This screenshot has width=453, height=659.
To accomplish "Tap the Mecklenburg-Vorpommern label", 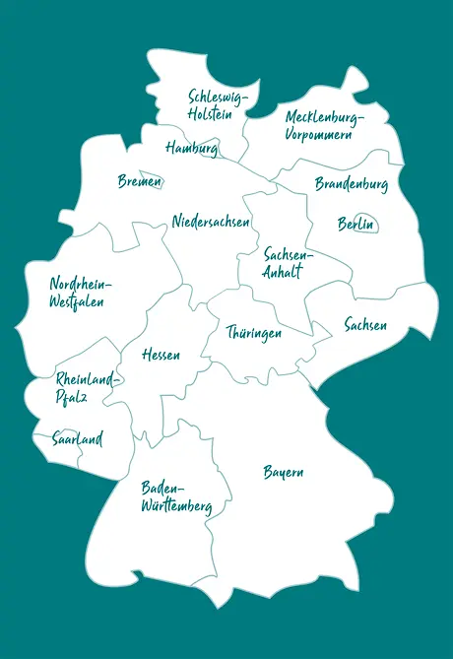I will click(x=324, y=126).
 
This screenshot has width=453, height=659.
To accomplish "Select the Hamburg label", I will click(x=191, y=149).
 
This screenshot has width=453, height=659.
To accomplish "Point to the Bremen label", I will click(x=139, y=181).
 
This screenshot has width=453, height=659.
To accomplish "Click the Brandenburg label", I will click(x=351, y=184).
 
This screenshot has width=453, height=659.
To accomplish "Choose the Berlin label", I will click(x=356, y=225).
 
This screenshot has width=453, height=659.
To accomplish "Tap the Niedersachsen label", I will click(x=211, y=221).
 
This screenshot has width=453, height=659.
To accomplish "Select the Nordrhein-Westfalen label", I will click(x=80, y=294).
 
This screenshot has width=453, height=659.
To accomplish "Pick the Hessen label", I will click(x=161, y=355).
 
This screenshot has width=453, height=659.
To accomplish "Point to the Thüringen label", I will click(x=253, y=333).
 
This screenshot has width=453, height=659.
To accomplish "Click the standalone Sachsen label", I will click(x=365, y=325).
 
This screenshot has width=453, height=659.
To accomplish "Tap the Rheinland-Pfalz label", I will click(x=87, y=388).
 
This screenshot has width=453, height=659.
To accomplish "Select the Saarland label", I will click(x=78, y=439).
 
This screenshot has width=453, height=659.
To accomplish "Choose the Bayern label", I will click(x=283, y=473).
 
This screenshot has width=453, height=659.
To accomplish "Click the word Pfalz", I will click(x=72, y=398).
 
